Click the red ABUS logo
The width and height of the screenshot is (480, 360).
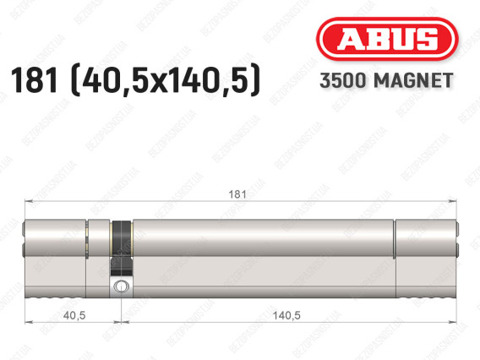[x=387, y=39]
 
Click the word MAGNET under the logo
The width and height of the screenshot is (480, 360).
[x=413, y=80]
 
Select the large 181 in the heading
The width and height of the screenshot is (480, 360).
[x=34, y=80]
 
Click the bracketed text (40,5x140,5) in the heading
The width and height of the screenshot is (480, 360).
[x=166, y=80]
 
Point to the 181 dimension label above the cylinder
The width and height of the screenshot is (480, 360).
[x=237, y=194]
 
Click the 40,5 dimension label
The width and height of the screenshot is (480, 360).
[x=74, y=315]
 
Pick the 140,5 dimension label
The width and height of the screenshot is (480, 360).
[x=286, y=315]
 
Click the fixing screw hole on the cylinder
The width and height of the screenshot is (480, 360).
[x=121, y=286]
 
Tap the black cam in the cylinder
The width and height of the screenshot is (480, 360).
[x=122, y=248]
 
